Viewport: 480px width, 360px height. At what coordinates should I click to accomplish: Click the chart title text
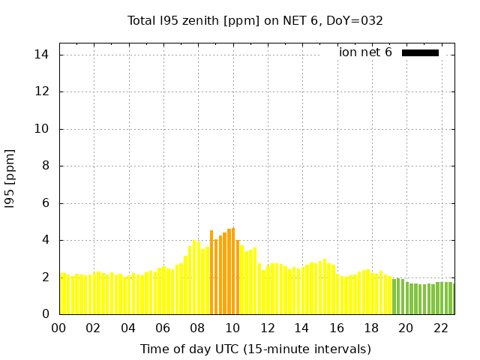click(x=255, y=20)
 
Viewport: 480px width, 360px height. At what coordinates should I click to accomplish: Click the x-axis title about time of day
click(x=255, y=349)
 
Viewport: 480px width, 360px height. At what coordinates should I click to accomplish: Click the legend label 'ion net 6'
click(x=365, y=52)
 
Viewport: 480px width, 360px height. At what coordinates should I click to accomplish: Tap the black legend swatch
click(x=420, y=52)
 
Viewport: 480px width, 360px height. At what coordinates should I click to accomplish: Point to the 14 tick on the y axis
click(x=42, y=55)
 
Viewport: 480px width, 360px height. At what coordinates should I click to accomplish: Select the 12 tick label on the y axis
click(x=42, y=91)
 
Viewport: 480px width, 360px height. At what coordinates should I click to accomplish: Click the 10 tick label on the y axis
click(x=42, y=129)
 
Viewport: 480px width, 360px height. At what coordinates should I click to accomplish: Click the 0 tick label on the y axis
click(x=45, y=314)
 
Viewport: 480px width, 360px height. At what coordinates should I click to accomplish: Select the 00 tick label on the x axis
click(x=58, y=328)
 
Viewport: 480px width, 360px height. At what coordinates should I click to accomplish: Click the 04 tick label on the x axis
click(x=128, y=328)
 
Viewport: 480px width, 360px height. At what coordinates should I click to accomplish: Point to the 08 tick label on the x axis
click(x=197, y=328)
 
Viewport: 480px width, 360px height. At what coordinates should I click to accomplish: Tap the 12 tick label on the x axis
click(x=267, y=328)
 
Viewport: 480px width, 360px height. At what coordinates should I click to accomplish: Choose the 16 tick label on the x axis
click(x=337, y=328)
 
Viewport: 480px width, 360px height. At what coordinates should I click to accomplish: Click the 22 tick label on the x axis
click(x=441, y=328)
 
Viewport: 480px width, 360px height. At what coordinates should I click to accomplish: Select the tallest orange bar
click(x=233, y=271)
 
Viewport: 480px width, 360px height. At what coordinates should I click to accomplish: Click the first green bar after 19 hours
click(x=394, y=296)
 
